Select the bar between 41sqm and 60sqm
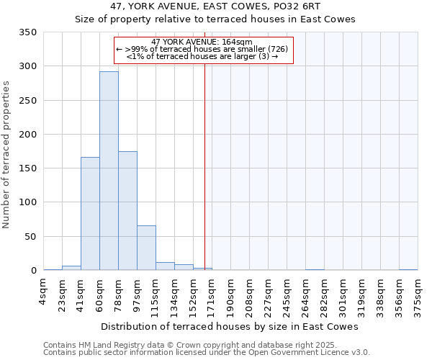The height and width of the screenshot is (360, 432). coord(90,214)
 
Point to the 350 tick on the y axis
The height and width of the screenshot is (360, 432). coord(30,32)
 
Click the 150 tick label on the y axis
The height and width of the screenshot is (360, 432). coord(30,168)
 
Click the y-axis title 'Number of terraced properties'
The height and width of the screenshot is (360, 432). coord(7,155)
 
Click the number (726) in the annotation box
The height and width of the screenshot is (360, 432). coord(279,49)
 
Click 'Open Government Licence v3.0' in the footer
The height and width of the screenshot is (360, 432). coord(310,353)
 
